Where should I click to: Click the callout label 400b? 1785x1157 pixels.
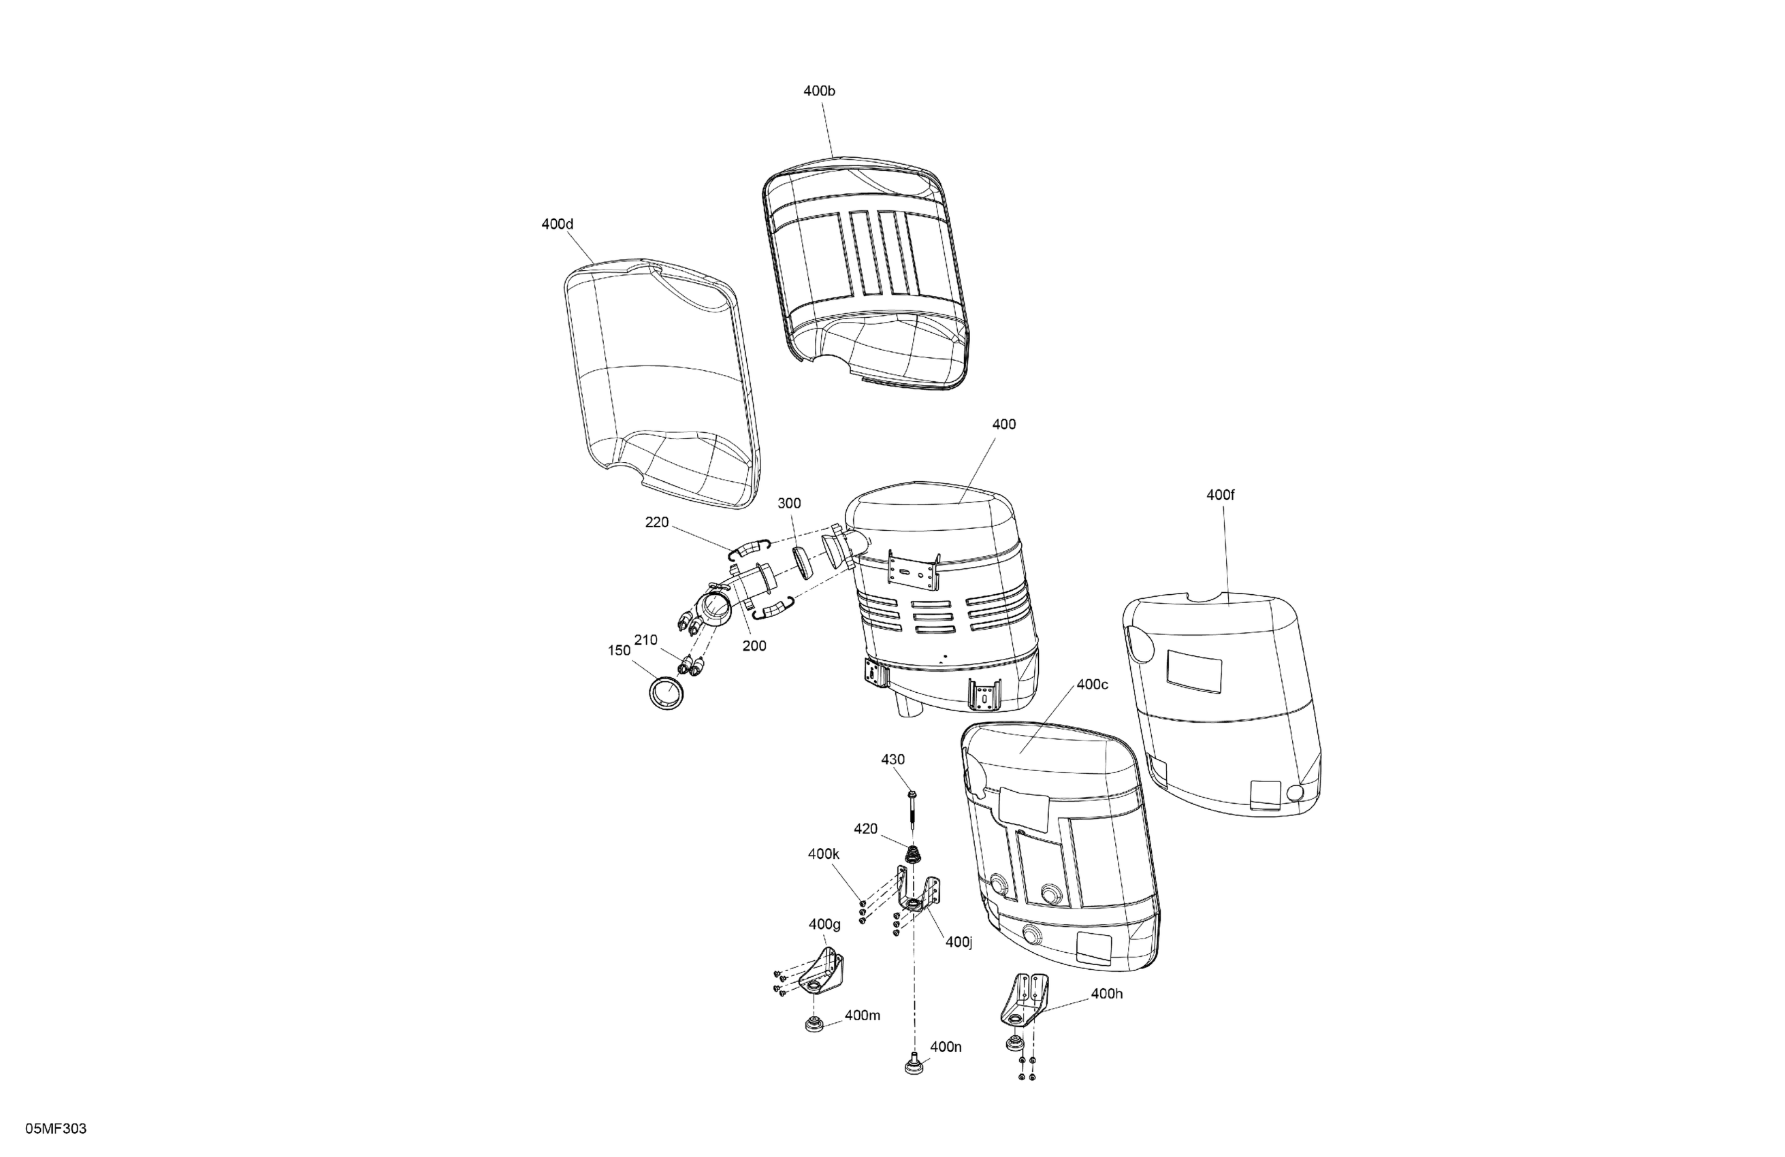(x=819, y=91)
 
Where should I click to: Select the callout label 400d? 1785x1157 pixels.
(x=558, y=224)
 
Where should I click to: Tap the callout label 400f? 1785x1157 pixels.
(x=1220, y=495)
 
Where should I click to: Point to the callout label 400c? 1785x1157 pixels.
(x=1092, y=685)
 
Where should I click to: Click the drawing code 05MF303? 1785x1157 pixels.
(x=57, y=1129)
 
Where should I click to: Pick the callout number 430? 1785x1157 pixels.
(x=892, y=760)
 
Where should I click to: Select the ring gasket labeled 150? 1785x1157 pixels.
(x=666, y=692)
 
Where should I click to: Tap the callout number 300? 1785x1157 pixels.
(x=789, y=504)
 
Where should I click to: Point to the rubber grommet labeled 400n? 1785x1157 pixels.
(x=914, y=1064)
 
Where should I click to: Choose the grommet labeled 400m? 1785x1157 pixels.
(x=812, y=1024)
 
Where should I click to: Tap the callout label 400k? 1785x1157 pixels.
(x=824, y=854)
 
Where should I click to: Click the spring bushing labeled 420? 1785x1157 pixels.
(x=914, y=854)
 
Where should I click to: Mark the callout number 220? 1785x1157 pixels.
(x=657, y=523)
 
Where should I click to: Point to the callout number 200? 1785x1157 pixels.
(x=754, y=646)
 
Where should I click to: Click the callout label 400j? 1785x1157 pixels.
(x=959, y=942)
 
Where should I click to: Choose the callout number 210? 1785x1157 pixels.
(x=646, y=640)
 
